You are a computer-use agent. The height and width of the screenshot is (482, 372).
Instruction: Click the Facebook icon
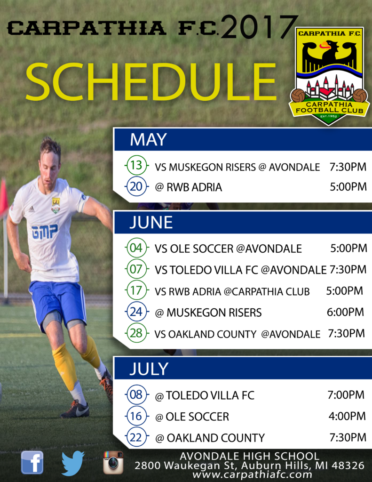pyautogui.click(x=32, y=462)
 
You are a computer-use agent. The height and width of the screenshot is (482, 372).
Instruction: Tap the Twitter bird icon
pyautogui.click(x=73, y=463)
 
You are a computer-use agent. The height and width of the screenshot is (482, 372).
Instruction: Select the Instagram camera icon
pyautogui.click(x=113, y=462)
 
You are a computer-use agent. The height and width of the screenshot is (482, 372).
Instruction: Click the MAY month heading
pyautogui.click(x=148, y=139)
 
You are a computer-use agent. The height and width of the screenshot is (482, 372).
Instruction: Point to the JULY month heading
pyautogui.click(x=149, y=369)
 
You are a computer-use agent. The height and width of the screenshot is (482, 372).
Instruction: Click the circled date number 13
pyautogui.click(x=136, y=165)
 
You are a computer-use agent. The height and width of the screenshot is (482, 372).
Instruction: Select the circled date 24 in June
pyautogui.click(x=136, y=312)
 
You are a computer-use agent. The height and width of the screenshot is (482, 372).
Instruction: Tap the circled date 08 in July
pyautogui.click(x=136, y=394)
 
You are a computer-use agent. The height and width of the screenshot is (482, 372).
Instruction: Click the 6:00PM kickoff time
pyautogui.click(x=345, y=312)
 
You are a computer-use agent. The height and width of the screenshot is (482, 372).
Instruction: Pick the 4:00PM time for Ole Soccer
pyautogui.click(x=347, y=416)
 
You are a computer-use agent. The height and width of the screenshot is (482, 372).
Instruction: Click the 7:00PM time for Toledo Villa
pyautogui.click(x=346, y=395)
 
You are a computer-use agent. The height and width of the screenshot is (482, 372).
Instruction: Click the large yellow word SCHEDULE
pyautogui.click(x=151, y=81)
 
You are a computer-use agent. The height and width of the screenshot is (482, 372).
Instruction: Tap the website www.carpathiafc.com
pyautogui.click(x=252, y=474)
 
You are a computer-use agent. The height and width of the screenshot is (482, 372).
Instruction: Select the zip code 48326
pyautogui.click(x=348, y=466)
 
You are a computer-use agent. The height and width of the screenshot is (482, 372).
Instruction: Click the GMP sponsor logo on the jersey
pyautogui.click(x=45, y=231)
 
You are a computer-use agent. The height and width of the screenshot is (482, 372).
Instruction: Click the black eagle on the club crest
pyautogui.click(x=329, y=56)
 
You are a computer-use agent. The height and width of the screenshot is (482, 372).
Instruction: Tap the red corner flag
pyautogui.click(x=3, y=197)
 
